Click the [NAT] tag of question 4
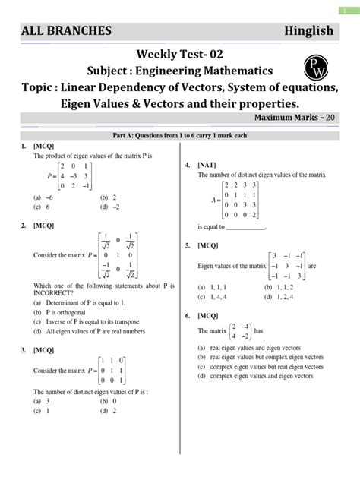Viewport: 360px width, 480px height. click(x=206, y=164)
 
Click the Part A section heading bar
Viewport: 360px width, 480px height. click(x=180, y=135)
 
